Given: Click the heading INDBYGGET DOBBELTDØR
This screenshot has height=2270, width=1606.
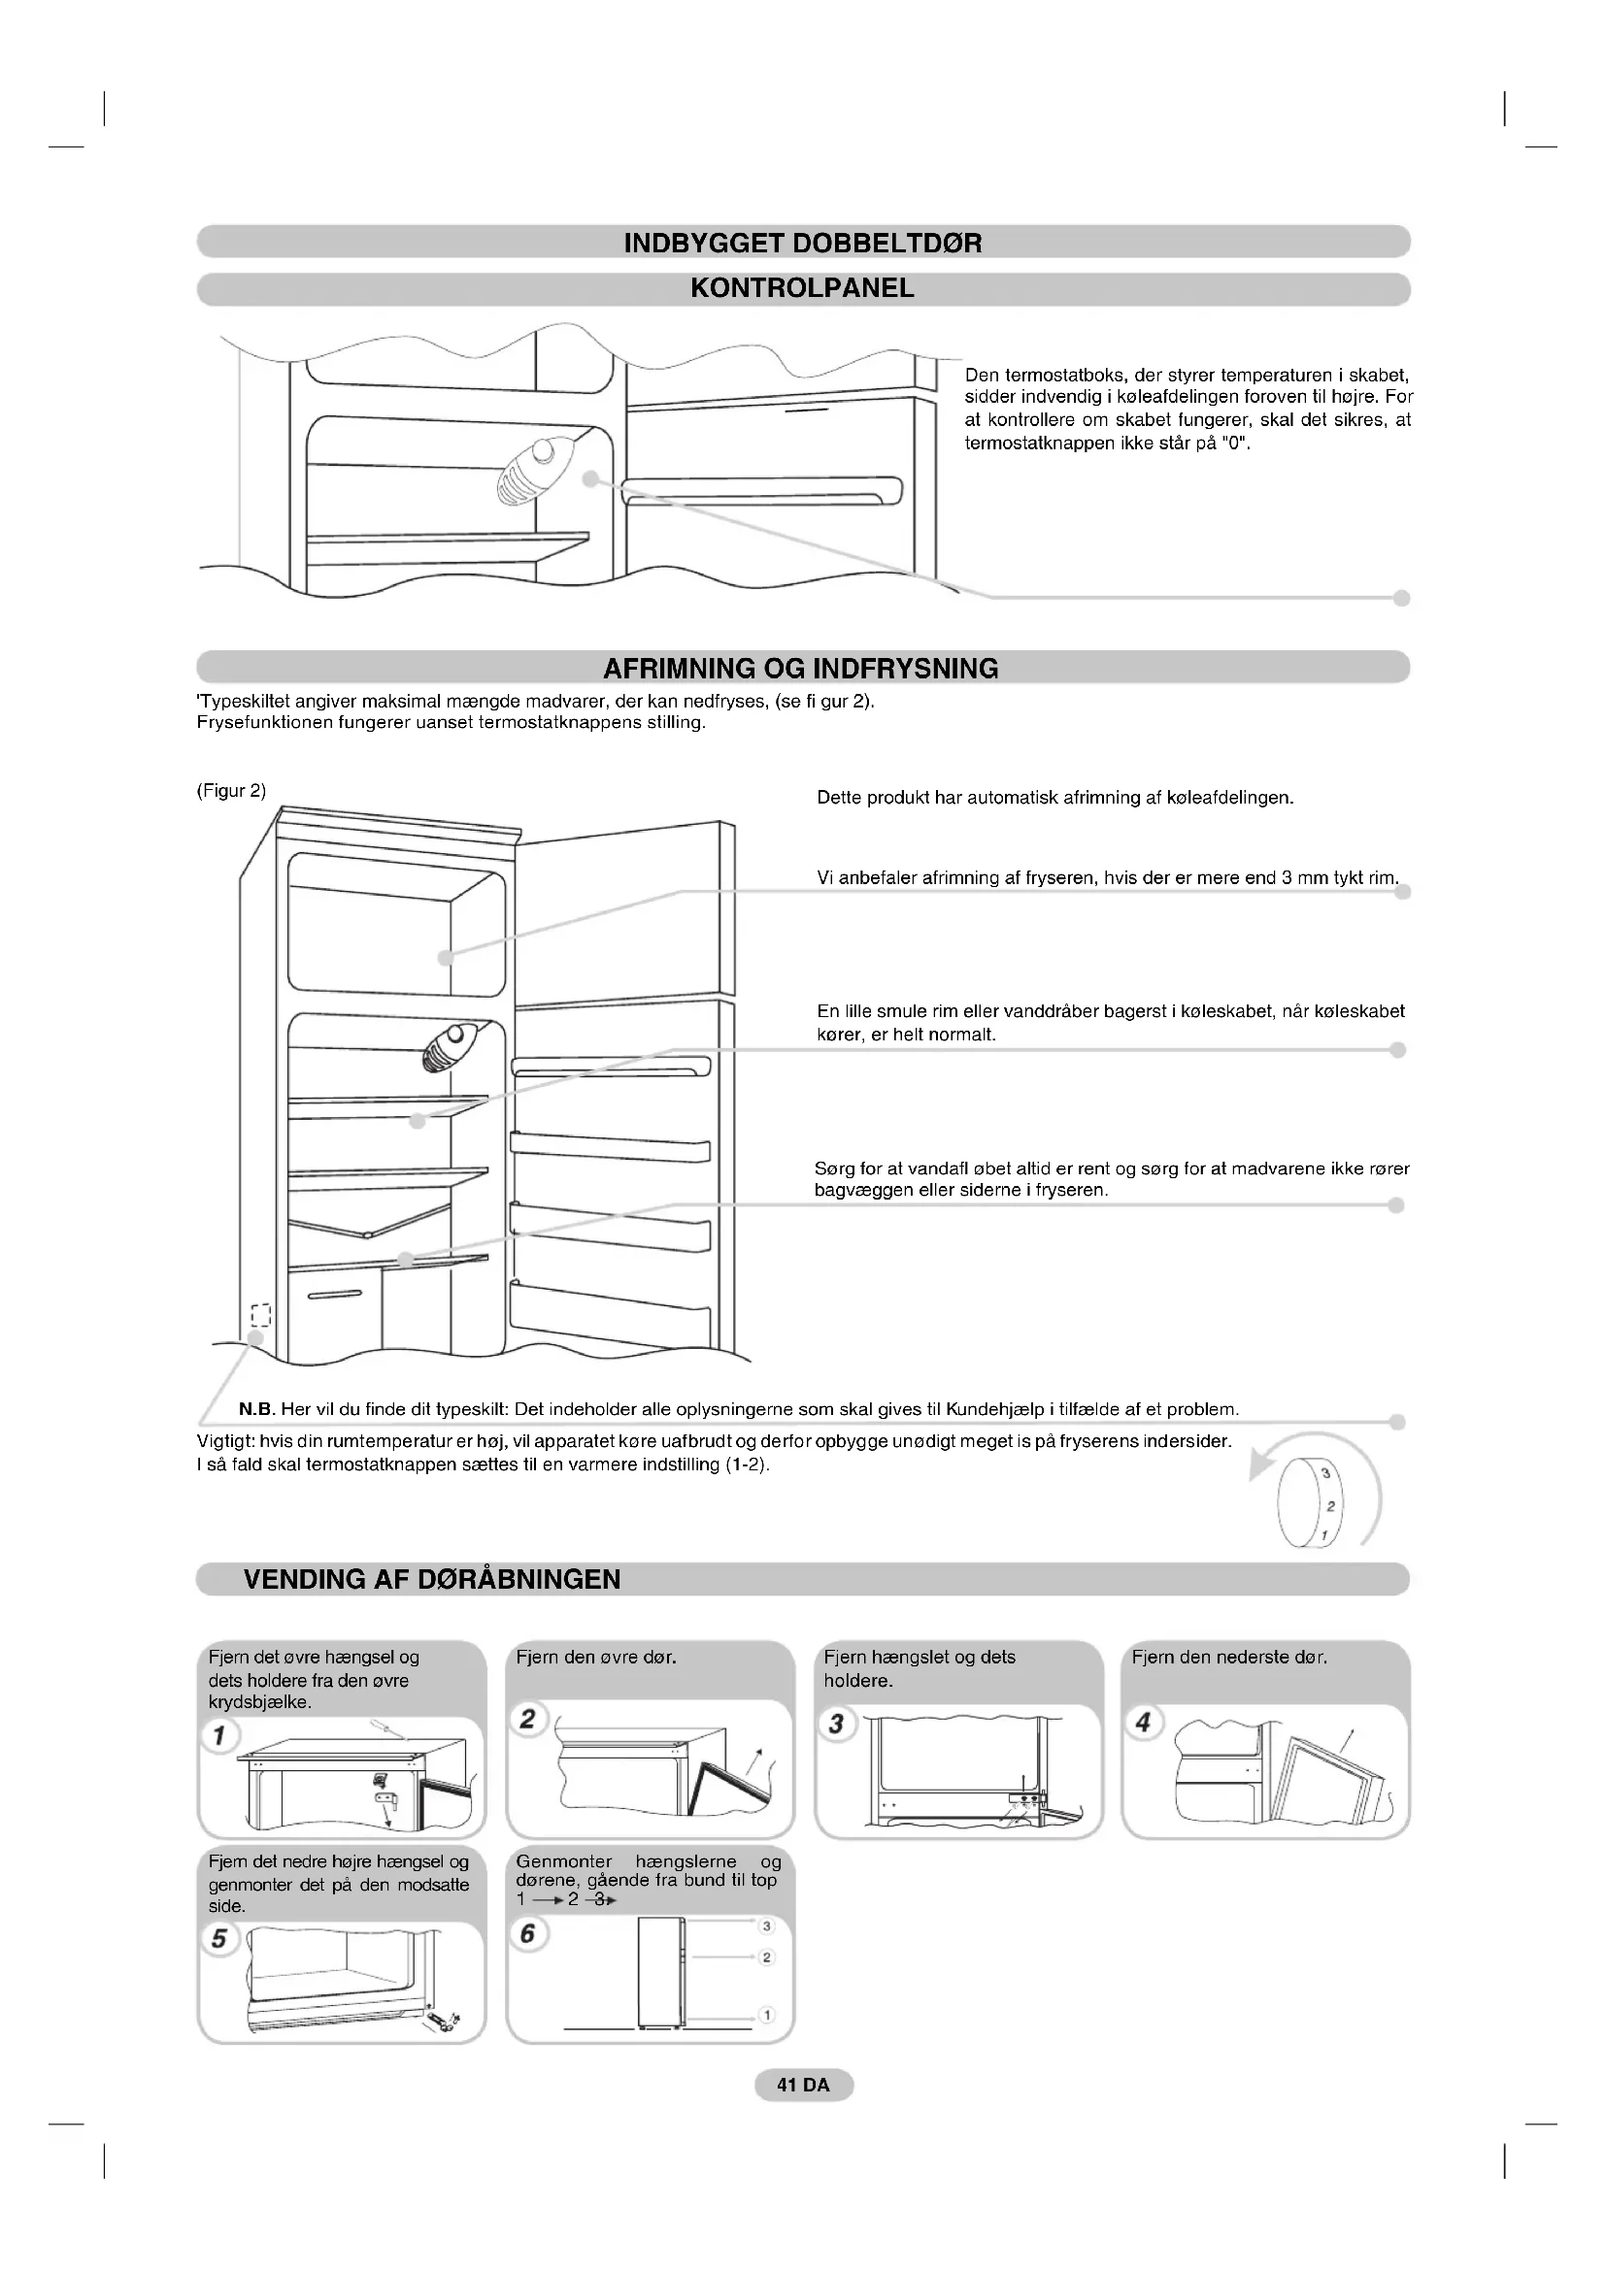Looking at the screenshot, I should click(803, 244).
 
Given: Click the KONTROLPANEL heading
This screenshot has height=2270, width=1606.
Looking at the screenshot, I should click(802, 288).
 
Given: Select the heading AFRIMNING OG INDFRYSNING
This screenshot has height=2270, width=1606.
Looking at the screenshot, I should click(801, 669).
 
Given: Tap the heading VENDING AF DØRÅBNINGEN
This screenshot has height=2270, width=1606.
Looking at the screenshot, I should click(432, 1579).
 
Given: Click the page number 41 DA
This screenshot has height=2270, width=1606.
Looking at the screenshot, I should click(803, 2084).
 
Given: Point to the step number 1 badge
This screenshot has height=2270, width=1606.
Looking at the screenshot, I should click(219, 1735).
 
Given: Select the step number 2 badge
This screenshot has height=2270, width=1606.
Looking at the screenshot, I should click(528, 1719).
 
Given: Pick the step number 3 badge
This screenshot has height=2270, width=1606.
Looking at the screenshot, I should click(837, 1724).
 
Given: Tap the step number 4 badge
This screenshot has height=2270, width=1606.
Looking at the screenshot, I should click(1144, 1723).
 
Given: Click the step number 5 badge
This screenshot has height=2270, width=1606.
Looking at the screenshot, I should click(219, 1938).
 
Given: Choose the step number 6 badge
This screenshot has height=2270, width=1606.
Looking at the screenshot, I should click(528, 1933).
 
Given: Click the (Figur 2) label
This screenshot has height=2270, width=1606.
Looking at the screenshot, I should click(231, 791).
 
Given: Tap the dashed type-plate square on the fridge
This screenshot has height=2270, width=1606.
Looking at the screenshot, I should click(260, 1315).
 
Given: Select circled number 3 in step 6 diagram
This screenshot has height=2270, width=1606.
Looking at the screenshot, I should click(766, 1925).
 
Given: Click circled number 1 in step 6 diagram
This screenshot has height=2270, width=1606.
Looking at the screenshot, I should click(766, 2015).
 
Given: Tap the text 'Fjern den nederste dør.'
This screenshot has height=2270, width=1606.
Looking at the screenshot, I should click(1229, 1657).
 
